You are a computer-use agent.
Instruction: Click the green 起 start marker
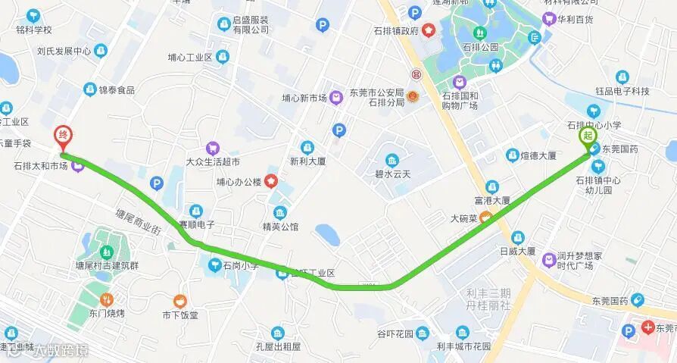click(x=588, y=136)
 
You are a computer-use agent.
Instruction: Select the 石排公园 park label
click(x=480, y=47)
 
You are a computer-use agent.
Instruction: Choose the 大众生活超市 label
click(x=213, y=161)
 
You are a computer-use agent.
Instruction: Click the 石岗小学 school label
click(x=240, y=265)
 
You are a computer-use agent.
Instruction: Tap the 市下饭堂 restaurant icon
click(x=179, y=301)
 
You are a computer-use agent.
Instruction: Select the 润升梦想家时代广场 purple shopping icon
click(x=548, y=261)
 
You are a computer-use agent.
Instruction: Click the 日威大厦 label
click(x=517, y=251)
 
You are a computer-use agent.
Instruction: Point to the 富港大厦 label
click(x=491, y=201)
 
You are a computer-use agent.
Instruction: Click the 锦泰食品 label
click(x=116, y=89)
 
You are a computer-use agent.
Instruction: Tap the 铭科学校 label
click(x=33, y=30)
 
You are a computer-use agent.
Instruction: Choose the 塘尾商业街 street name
click(x=138, y=223)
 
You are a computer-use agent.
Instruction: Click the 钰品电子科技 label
click(x=622, y=91)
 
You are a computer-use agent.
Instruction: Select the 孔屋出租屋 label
click(x=278, y=346)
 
